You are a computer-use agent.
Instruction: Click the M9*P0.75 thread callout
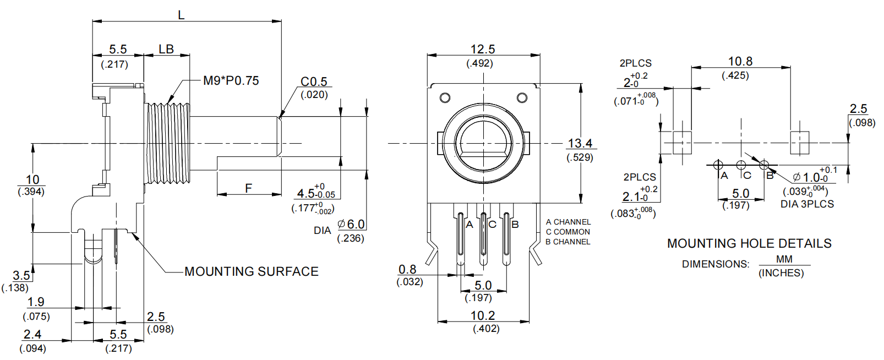[231, 81]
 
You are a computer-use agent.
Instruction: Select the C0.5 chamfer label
[314, 82]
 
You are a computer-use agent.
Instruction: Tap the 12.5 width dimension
[482, 50]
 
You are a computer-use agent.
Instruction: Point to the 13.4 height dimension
[580, 144]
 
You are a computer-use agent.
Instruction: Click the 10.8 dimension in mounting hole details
[740, 62]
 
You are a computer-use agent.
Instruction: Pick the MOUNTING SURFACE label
[252, 271]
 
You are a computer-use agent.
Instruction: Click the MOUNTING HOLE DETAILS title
[749, 243]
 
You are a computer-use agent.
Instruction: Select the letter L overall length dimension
[181, 15]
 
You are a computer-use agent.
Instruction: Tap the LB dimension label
[166, 50]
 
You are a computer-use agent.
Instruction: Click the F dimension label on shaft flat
[248, 188]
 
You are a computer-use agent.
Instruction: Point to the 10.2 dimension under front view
[482, 316]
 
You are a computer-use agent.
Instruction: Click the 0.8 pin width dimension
[407, 270]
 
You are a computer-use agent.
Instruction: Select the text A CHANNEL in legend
[568, 222]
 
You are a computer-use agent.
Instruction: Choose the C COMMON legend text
[567, 232]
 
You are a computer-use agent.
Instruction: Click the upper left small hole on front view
[445, 98]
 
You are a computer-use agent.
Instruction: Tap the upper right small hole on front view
[522, 98]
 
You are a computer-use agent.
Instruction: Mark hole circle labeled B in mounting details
[763, 165]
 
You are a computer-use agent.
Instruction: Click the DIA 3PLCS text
[807, 204]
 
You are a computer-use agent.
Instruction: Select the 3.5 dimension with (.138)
[21, 275]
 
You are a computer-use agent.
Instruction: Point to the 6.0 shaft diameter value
[356, 225]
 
